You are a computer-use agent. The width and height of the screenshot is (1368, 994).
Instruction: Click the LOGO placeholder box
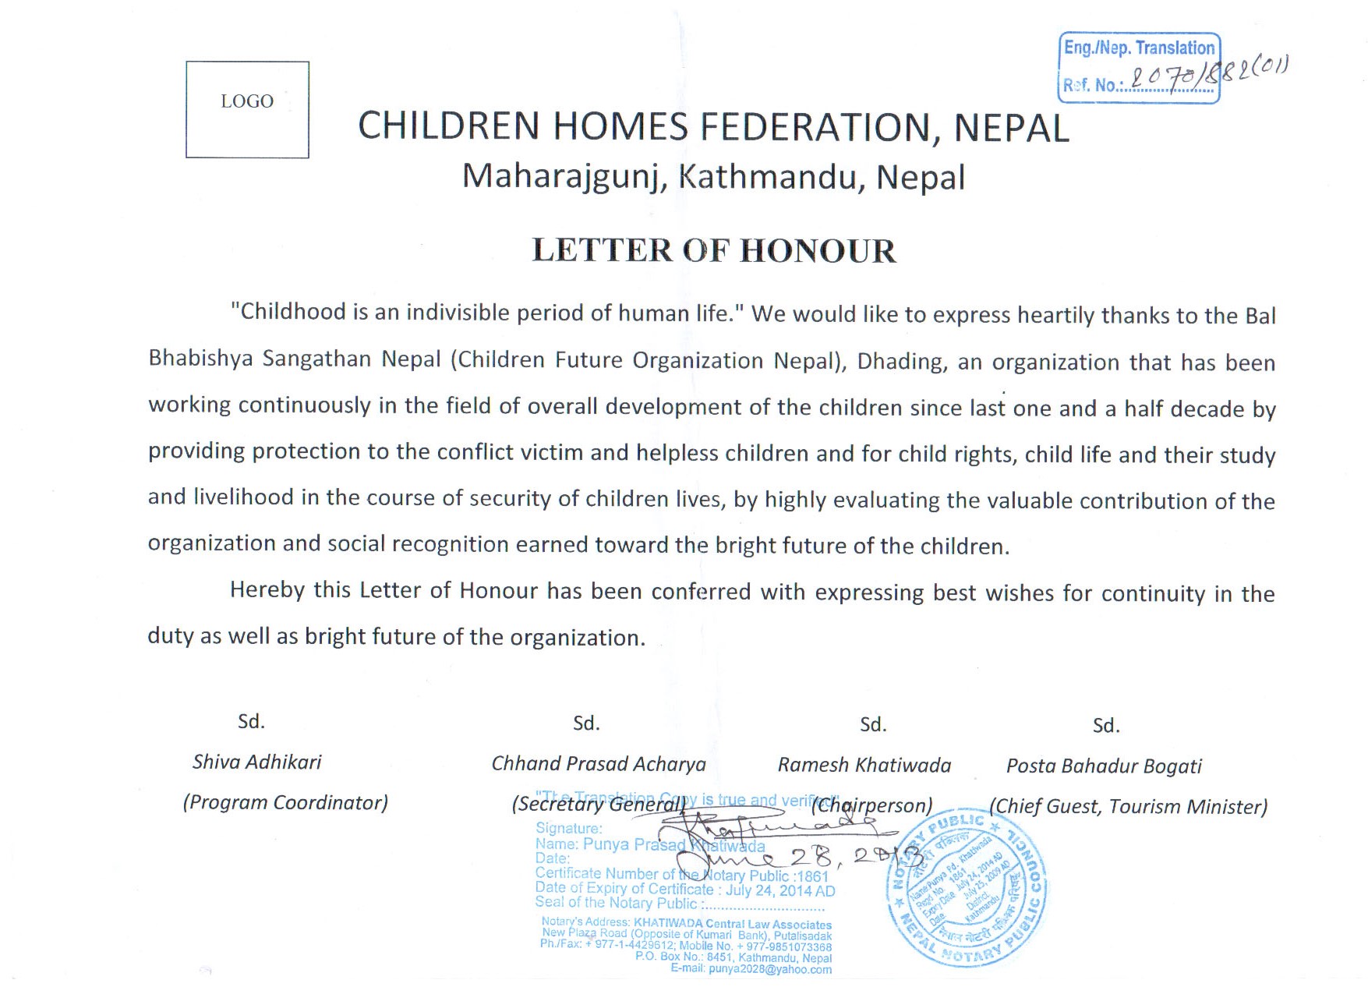[247, 109]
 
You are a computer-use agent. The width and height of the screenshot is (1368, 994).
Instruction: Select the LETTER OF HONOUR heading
[713, 251]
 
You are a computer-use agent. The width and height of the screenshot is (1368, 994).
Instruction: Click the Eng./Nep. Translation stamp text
[1139, 48]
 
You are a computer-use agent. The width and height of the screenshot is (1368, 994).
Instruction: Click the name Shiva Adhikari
[256, 762]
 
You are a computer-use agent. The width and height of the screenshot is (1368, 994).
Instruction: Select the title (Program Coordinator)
[285, 802]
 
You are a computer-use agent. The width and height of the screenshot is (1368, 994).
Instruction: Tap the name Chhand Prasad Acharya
[598, 764]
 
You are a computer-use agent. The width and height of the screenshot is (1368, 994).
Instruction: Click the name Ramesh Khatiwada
[864, 766]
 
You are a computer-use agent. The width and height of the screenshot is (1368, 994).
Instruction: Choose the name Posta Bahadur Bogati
[1103, 766]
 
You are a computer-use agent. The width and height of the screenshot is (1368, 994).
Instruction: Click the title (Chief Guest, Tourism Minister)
[1127, 807]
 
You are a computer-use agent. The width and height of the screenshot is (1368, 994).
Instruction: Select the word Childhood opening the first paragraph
[288, 312]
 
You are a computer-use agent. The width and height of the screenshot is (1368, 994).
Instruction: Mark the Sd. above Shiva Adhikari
[251, 721]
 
